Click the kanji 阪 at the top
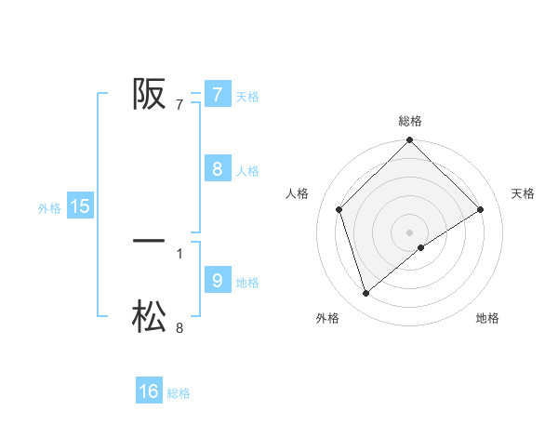(x=149, y=93)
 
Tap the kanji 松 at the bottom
(x=149, y=317)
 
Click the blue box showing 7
(x=217, y=94)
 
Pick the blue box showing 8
(x=217, y=168)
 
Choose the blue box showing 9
(x=217, y=280)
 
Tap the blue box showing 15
(x=80, y=206)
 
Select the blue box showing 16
(x=149, y=391)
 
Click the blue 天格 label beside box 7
(x=247, y=97)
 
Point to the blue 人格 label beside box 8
(x=247, y=171)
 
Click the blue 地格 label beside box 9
(x=247, y=283)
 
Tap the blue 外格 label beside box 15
(x=49, y=209)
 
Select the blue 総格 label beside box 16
(x=179, y=394)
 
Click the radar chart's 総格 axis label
(x=410, y=121)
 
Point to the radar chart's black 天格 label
(x=524, y=193)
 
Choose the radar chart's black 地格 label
(x=487, y=318)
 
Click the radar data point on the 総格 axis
(x=410, y=141)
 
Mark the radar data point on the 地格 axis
(x=421, y=247)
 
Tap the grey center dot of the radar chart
(x=410, y=232)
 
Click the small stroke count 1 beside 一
(x=179, y=253)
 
